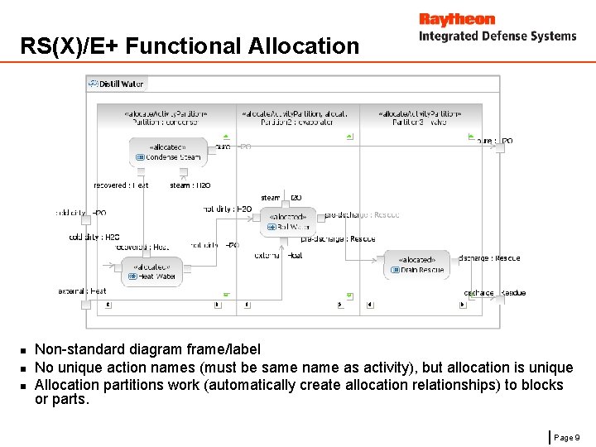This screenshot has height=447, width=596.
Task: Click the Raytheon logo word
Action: [x=456, y=19]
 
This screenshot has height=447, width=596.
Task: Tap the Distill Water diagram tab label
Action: [x=121, y=84]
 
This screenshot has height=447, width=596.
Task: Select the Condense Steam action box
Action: [x=168, y=152]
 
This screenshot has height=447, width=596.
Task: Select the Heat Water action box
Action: [x=152, y=272]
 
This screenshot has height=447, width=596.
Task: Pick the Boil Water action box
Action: [x=288, y=221]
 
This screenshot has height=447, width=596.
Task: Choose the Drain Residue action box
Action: [x=416, y=264]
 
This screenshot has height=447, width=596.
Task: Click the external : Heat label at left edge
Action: [x=83, y=291]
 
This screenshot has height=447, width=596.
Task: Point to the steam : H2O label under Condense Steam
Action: [x=190, y=185]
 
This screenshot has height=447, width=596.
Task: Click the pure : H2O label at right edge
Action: [x=495, y=142]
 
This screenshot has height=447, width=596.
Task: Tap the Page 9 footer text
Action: [x=568, y=436]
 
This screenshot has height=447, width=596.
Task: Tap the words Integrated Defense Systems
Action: [x=497, y=36]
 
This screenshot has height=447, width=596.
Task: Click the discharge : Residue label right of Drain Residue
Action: [x=489, y=258]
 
